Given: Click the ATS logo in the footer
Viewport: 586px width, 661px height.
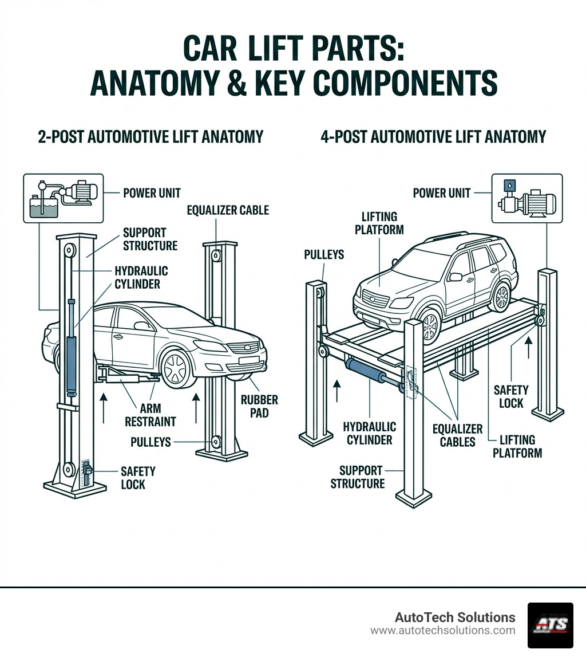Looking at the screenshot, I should click(550, 625).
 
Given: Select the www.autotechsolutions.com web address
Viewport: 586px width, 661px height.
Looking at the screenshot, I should click(442, 631).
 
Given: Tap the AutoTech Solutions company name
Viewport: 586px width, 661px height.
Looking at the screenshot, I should click(454, 617).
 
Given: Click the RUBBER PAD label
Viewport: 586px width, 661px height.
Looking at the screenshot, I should click(259, 406).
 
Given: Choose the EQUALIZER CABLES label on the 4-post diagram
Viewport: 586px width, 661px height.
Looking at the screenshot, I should click(458, 435).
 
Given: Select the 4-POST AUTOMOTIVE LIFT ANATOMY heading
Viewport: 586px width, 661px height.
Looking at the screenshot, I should click(433, 137).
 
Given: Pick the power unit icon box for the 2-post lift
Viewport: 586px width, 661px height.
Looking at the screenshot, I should click(64, 198).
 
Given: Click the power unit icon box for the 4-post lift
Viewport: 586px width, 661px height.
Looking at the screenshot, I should click(527, 198).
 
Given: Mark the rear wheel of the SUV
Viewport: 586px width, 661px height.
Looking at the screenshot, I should click(502, 297).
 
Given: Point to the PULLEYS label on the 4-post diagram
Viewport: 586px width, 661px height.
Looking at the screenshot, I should click(324, 254).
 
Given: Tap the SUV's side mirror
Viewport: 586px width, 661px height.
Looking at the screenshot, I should click(456, 277).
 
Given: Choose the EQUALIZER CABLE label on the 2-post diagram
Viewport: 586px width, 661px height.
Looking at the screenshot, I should click(228, 210).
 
